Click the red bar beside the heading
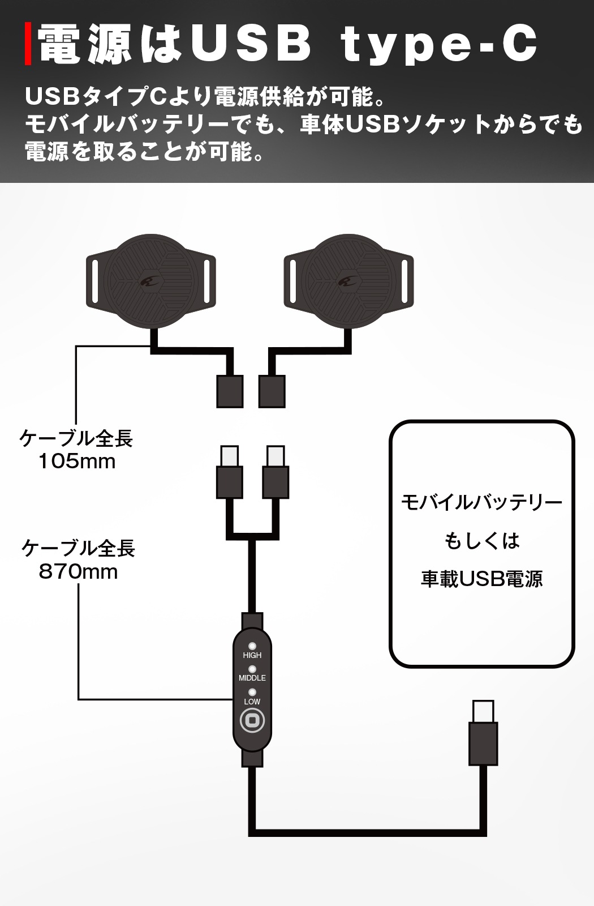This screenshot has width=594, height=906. point(28,44)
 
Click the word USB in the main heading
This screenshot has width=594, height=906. point(251,43)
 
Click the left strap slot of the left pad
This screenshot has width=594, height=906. point(96,281)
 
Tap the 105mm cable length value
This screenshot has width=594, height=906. point(77,461)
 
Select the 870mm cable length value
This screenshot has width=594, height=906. point(78,572)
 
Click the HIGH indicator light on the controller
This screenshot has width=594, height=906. point(252,646)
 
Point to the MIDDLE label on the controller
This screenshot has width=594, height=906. point(252,678)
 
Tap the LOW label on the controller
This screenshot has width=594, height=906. point(252,702)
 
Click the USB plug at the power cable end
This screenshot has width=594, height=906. point(483,733)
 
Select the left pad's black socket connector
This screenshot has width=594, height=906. point(230,391)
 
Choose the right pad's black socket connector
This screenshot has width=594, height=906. point(272,391)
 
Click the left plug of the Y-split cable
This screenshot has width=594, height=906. point(230,472)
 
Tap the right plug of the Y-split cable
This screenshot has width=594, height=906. point(276,472)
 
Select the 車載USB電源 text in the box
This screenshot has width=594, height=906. point(481,579)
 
